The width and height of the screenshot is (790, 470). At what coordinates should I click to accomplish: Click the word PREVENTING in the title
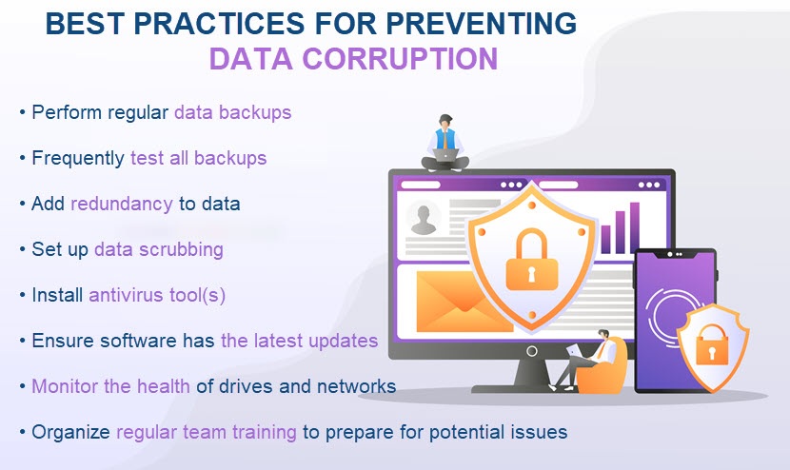(482, 23)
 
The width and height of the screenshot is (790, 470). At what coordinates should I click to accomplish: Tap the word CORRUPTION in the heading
(400, 58)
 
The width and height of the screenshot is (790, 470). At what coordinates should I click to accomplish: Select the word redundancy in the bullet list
(122, 204)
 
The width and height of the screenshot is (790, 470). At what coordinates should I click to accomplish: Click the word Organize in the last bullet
(70, 432)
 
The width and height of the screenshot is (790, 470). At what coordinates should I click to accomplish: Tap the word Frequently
(78, 158)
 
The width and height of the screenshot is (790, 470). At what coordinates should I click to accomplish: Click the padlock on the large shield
(531, 260)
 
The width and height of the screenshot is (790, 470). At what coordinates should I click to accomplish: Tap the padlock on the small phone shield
(712, 345)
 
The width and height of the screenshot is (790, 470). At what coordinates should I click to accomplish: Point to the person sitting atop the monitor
(445, 143)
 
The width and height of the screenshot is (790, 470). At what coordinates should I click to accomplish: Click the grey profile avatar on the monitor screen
(424, 219)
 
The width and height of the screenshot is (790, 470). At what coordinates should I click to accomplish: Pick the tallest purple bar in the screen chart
(634, 227)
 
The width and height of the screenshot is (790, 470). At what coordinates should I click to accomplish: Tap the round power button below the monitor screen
(531, 351)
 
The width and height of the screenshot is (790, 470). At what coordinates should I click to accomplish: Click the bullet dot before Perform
(22, 112)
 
